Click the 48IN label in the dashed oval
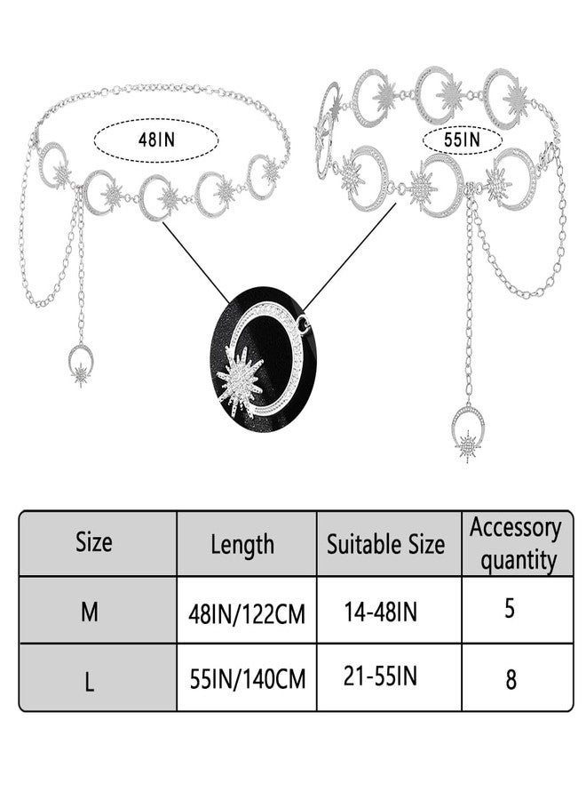tap(156, 140)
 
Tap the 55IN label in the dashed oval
tap(462, 139)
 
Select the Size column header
tap(94, 542)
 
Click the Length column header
tap(242, 544)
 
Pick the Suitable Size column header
tap(385, 544)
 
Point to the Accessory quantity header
tap(516, 544)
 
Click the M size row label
tap(89, 612)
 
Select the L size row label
tap(89, 681)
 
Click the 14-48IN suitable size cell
tap(381, 612)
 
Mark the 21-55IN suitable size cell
tap(381, 676)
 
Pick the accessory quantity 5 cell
tap(510, 608)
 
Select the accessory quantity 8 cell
tap(511, 680)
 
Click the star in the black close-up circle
tap(239, 380)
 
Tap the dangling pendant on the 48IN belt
tap(81, 364)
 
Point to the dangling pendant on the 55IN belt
tap(468, 435)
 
